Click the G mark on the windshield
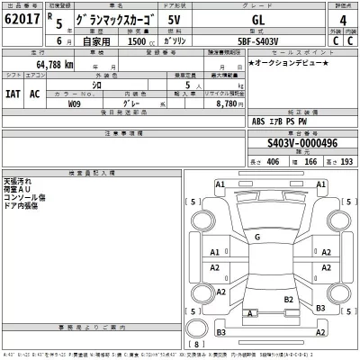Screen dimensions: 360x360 coord(257,238)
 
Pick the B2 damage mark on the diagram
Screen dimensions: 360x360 coord(290,298)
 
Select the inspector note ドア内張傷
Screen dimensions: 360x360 coord(23,203)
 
